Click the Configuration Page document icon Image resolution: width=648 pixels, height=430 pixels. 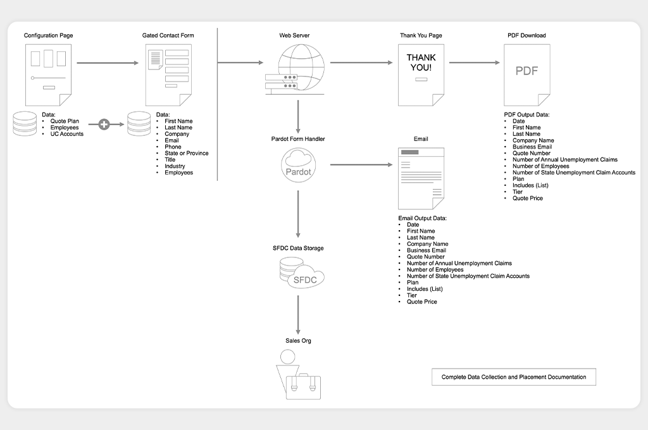tap(48, 75)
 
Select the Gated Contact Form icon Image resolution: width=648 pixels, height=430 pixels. tap(168, 75)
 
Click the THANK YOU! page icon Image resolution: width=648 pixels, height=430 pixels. tap(421, 75)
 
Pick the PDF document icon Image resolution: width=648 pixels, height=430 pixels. tap(527, 75)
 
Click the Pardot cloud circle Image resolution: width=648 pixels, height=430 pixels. tap(299, 165)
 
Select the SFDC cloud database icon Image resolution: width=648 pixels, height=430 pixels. tap(302, 273)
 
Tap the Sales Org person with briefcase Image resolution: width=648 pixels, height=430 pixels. tap(299, 374)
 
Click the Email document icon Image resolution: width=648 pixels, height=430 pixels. tap(421, 178)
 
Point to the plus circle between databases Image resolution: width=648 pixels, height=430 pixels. tap(104, 124)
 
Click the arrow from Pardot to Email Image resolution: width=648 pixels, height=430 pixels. tap(361, 165)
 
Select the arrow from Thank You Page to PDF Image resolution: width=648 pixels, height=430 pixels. tap(475, 63)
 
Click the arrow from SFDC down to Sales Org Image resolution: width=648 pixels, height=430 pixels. tap(298, 315)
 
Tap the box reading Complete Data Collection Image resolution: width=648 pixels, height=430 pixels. tap(514, 377)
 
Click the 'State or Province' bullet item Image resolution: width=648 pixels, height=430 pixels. tap(187, 153)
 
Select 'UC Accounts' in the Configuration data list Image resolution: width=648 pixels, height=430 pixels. tap(67, 134)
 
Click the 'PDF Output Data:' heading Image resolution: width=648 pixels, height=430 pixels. tap(527, 115)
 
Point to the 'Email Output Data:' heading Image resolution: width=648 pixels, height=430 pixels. tap(422, 218)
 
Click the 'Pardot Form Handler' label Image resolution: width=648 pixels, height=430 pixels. tap(298, 138)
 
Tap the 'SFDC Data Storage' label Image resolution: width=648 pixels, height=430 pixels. tap(298, 249)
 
